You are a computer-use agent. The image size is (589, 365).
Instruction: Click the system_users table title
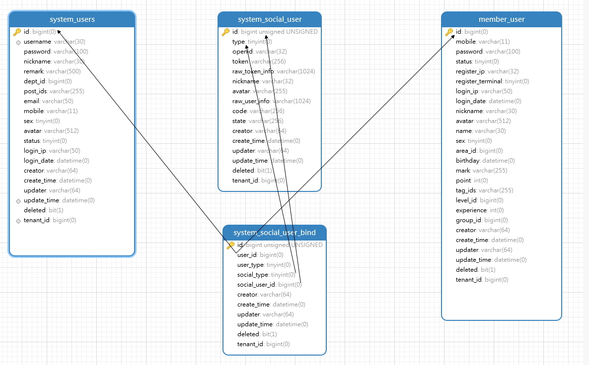72,19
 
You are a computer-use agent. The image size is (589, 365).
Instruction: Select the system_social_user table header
270,19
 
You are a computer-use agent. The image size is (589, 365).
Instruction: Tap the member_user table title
502,19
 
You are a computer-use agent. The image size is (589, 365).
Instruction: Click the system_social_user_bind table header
275,233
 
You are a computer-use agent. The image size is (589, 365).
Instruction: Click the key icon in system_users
17,32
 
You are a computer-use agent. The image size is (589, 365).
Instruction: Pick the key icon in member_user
449,32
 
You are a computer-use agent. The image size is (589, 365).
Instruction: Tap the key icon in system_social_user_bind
230,245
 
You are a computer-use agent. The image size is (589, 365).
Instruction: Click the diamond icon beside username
18,42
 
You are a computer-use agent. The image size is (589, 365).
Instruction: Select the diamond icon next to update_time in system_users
18,201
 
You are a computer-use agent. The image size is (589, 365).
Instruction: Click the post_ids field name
35,91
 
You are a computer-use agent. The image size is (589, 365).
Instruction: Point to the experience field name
471,210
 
